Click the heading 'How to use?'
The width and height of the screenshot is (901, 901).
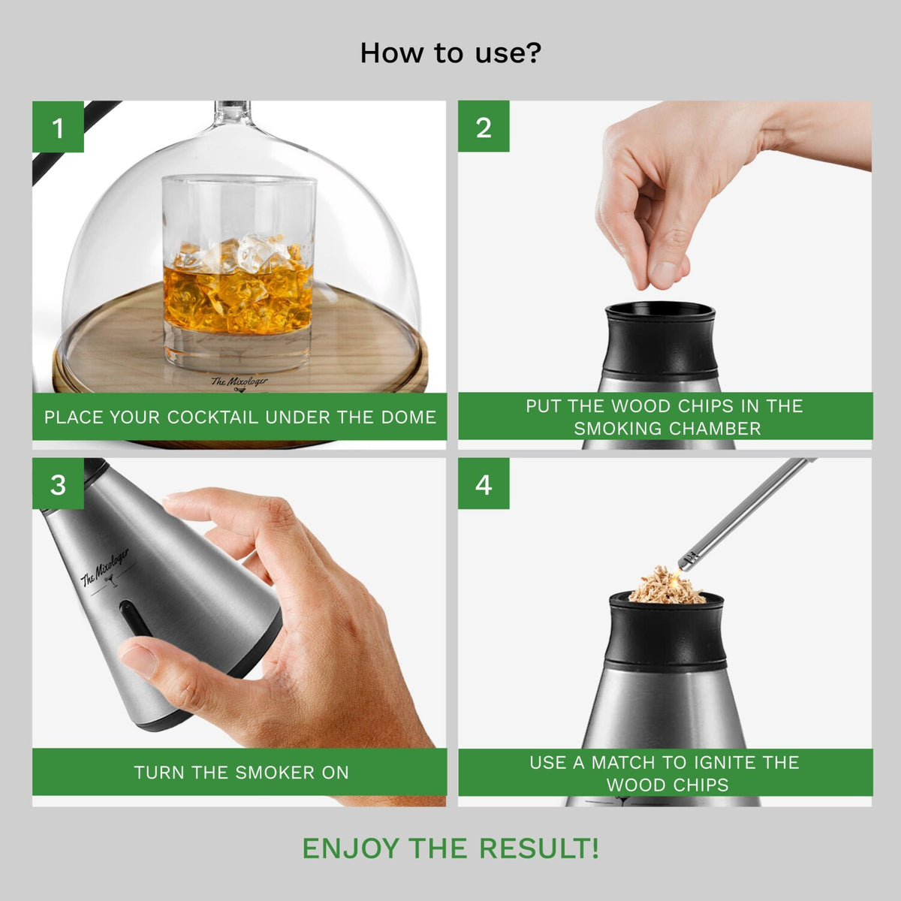tap(450, 53)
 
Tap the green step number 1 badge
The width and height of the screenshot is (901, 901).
tap(58, 127)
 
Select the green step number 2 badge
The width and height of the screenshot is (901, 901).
tap(484, 127)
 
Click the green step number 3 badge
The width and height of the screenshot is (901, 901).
tap(58, 484)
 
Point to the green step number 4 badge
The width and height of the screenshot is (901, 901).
tap(484, 484)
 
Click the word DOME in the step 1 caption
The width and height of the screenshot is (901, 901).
tap(408, 417)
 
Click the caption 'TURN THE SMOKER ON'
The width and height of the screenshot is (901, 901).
tap(241, 773)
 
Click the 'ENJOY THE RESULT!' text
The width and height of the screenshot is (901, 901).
tap(450, 848)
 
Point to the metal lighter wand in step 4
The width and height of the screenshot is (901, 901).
tap(751, 511)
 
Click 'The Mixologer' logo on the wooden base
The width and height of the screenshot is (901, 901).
tap(239, 383)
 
